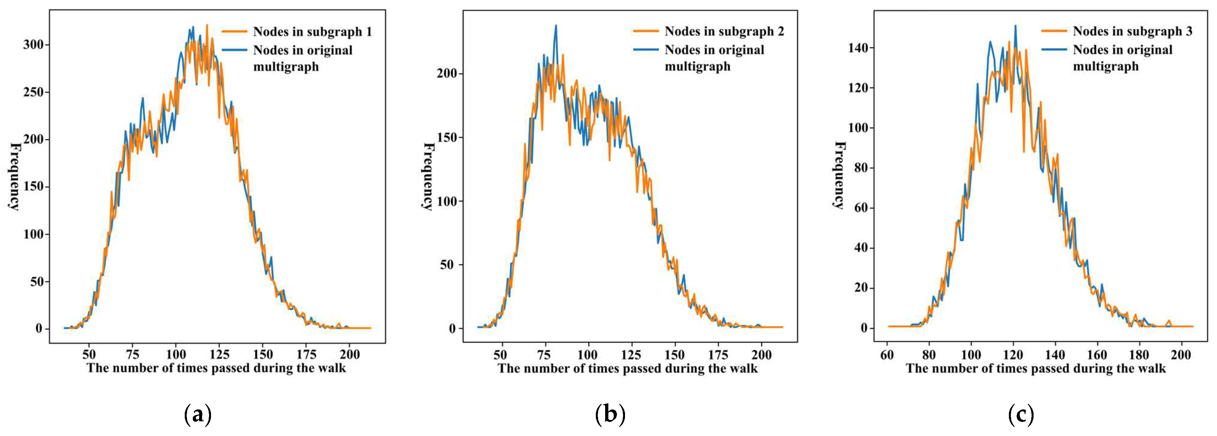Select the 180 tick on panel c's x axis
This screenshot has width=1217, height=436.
pos(1140,355)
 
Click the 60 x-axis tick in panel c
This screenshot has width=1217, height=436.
pos(887,355)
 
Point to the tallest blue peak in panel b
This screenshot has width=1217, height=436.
pos(556,26)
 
